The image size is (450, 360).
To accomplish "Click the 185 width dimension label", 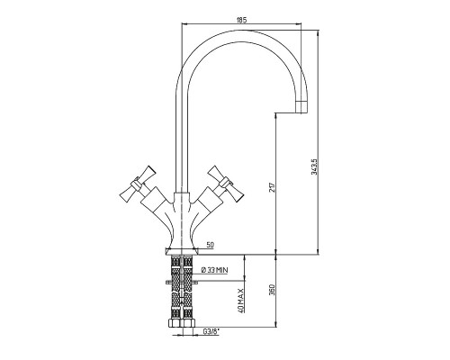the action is click(241, 20).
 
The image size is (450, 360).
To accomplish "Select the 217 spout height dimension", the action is click(272, 187).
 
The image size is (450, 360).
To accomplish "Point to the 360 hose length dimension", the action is click(272, 290).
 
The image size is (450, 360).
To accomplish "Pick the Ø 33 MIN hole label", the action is click(214, 270).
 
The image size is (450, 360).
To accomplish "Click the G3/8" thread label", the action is click(211, 331).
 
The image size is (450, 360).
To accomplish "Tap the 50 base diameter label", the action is click(211, 245).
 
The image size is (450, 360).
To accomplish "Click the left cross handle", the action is click(138, 184).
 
